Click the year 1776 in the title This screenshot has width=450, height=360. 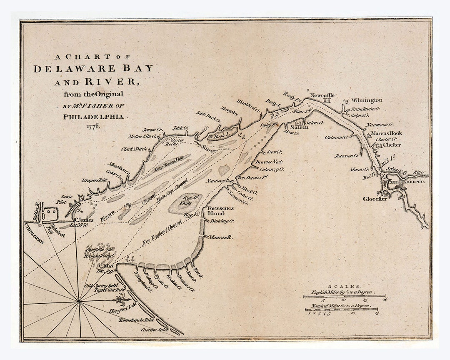point(93,126)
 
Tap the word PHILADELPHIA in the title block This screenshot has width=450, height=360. point(93,117)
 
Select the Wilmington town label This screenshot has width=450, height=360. point(366,100)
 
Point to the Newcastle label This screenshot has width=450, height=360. point(323,95)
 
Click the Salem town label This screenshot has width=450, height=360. point(302,127)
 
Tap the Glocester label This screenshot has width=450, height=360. point(375,198)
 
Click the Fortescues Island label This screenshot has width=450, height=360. point(221,210)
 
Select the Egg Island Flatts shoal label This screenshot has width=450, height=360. point(192,200)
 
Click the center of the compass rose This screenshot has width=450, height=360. point(79,300)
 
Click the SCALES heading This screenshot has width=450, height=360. point(344,287)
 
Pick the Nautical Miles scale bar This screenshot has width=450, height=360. point(341,310)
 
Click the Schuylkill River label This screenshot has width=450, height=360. point(407,171)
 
